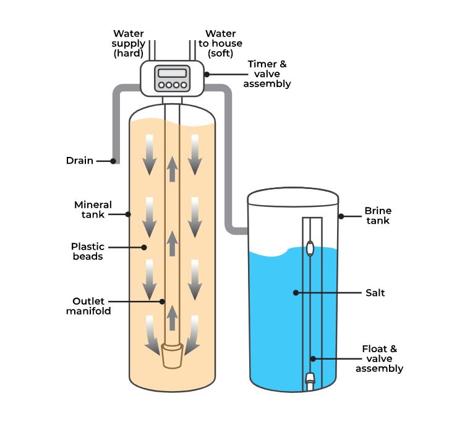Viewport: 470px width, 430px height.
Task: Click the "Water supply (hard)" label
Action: tap(129, 43)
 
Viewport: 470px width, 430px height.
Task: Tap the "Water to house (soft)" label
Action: tap(220, 43)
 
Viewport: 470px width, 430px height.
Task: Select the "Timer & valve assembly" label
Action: tap(267, 74)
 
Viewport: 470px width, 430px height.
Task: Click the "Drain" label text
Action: tap(80, 161)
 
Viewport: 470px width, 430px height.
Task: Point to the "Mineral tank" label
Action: tap(93, 209)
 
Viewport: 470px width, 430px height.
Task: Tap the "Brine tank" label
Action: tap(377, 216)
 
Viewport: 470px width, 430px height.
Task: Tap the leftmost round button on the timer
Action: tap(161, 85)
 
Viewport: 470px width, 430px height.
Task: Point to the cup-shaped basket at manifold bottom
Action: tap(173, 356)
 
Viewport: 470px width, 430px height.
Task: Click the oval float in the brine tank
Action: tap(310, 249)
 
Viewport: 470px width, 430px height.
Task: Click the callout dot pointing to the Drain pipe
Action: tap(113, 161)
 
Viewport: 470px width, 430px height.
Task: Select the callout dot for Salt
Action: tap(296, 293)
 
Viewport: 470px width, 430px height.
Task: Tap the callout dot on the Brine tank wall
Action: tap(340, 216)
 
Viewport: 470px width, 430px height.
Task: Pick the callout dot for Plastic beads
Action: tap(144, 247)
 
